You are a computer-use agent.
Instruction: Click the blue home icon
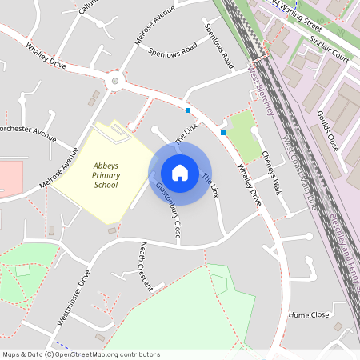click(x=180, y=173)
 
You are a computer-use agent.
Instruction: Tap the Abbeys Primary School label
click(x=106, y=174)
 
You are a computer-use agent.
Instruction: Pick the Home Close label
click(x=309, y=315)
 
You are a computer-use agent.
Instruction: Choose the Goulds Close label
click(x=329, y=131)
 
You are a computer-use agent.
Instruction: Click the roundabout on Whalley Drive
click(x=115, y=81)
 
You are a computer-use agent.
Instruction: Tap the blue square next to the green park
click(x=223, y=133)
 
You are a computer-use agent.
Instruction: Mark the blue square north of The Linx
click(x=188, y=110)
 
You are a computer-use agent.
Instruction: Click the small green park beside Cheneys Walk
click(x=244, y=135)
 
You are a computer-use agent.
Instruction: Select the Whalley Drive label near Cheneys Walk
click(x=249, y=186)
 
